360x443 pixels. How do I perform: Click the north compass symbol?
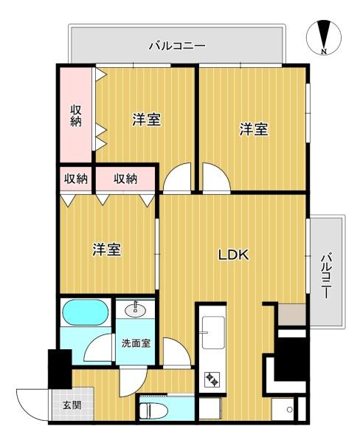pyautogui.click(x=324, y=38)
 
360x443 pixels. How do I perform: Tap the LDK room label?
pyautogui.click(x=234, y=255)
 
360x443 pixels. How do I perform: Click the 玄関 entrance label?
pyautogui.click(x=72, y=405)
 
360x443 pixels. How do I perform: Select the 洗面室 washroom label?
pyautogui.click(x=136, y=343)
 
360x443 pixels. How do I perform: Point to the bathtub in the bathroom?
pyautogui.click(x=86, y=312)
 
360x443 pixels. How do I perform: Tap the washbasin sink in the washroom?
pyautogui.click(x=135, y=311)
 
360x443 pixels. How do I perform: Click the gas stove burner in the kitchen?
pyautogui.click(x=212, y=380)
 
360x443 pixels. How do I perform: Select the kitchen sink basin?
pyautogui.click(x=213, y=332)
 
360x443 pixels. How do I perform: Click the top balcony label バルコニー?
pyautogui.click(x=177, y=46)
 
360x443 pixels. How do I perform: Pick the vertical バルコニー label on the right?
pyautogui.click(x=326, y=276)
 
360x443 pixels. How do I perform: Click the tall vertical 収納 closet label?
pyautogui.click(x=76, y=115)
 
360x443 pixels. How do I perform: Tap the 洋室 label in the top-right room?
pyautogui.click(x=254, y=129)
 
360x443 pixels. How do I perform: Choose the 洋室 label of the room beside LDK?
pyautogui.click(x=107, y=250)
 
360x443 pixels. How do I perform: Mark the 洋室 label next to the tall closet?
pyautogui.click(x=146, y=120)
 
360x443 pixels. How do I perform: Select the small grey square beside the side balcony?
pyautogui.click(x=292, y=315)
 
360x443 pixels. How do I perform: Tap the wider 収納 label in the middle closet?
pyautogui.click(x=125, y=179)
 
